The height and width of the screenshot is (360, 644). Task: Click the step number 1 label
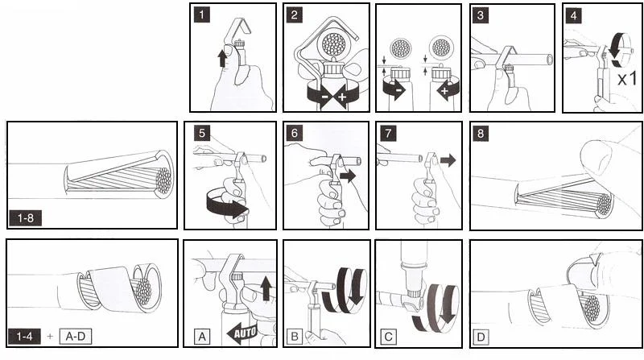202,15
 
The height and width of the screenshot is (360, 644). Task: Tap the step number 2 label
294,15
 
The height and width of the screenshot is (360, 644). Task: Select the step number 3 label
480,15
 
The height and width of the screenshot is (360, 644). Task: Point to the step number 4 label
573,15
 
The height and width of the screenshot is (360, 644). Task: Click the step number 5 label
202,133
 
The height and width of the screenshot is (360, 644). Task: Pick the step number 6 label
294,133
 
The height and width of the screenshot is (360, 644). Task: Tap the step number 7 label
388,133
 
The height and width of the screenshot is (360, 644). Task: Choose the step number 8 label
481,133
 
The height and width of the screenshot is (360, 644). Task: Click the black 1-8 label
26,217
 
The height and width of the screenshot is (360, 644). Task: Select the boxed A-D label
76,337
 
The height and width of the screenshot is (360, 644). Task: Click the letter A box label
202,337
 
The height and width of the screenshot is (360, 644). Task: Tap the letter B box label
295,337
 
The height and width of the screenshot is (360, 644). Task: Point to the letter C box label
388,337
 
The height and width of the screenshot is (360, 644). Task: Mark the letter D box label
481,337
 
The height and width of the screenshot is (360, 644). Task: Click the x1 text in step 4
627,78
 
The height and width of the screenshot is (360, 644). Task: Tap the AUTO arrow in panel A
242,332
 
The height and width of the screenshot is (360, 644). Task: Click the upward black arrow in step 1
222,58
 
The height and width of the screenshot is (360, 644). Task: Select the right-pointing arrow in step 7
448,159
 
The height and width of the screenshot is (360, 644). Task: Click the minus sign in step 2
324,97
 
